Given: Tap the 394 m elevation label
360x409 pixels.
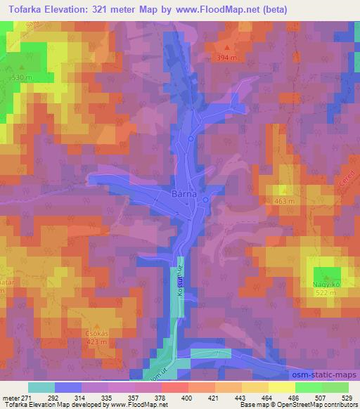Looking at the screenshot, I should tap(226, 58).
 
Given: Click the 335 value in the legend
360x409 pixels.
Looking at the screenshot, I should tap(108, 398).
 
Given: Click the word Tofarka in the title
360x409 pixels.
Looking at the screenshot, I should tap(22, 9).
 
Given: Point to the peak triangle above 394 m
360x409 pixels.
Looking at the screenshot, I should tap(226, 50).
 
